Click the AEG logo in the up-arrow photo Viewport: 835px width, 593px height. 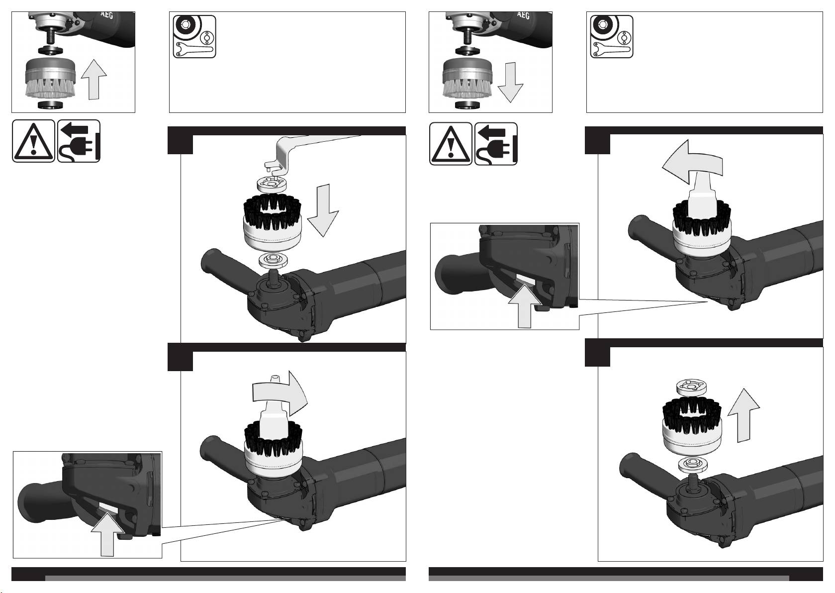(106, 15)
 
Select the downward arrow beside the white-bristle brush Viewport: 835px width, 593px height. (510, 83)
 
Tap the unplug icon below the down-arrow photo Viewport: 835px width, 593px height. (496, 144)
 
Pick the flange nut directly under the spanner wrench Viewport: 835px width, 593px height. (272, 185)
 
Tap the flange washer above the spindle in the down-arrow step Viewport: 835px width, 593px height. (273, 260)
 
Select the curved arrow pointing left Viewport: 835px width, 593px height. (692, 162)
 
